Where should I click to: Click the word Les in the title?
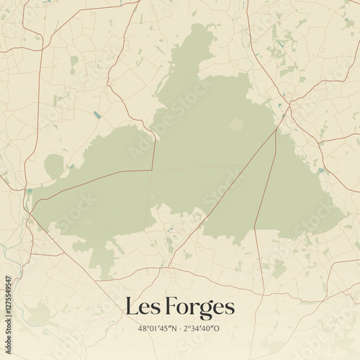click(141, 307)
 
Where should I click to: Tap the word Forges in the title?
click(201, 307)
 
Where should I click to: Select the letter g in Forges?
click(207, 310)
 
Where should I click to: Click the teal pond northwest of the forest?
click(97, 114)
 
